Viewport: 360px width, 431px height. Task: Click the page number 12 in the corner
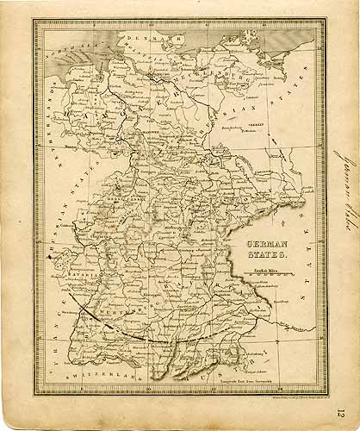coord(342,416)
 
